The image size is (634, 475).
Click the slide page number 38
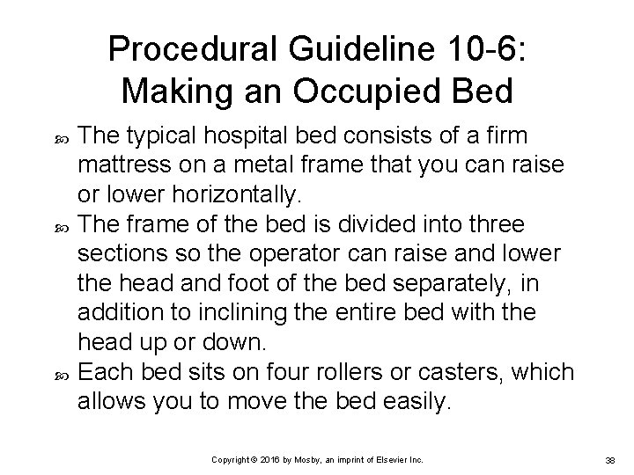click(609, 460)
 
